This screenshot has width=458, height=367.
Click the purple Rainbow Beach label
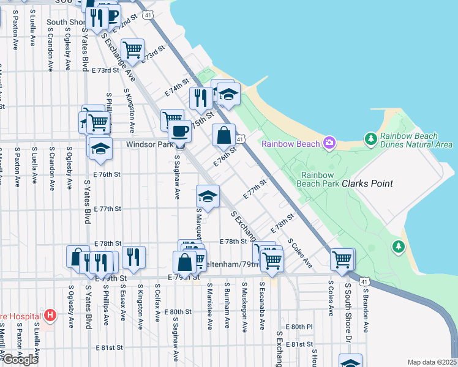click(x=291, y=144)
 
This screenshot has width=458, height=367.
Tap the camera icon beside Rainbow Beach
click(x=330, y=143)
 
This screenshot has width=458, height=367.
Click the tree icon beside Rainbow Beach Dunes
click(x=370, y=139)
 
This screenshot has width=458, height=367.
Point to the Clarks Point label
click(x=367, y=183)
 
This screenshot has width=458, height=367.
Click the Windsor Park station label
click(x=149, y=145)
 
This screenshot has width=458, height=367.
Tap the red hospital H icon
click(x=50, y=316)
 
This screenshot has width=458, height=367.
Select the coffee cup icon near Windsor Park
click(x=179, y=131)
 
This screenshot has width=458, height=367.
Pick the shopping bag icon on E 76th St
click(x=224, y=135)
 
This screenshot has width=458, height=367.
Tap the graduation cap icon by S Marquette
click(x=208, y=196)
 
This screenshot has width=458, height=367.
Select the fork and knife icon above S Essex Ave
click(x=133, y=257)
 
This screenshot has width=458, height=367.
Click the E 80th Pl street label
click(x=299, y=327)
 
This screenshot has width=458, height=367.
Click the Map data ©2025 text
click(x=432, y=362)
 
